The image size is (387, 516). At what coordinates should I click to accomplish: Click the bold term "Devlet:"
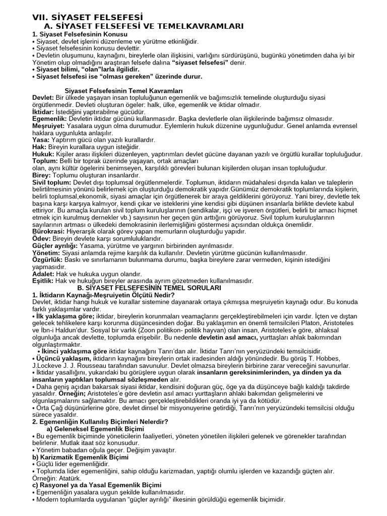43,97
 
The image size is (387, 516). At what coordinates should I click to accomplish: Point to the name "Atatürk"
71,478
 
